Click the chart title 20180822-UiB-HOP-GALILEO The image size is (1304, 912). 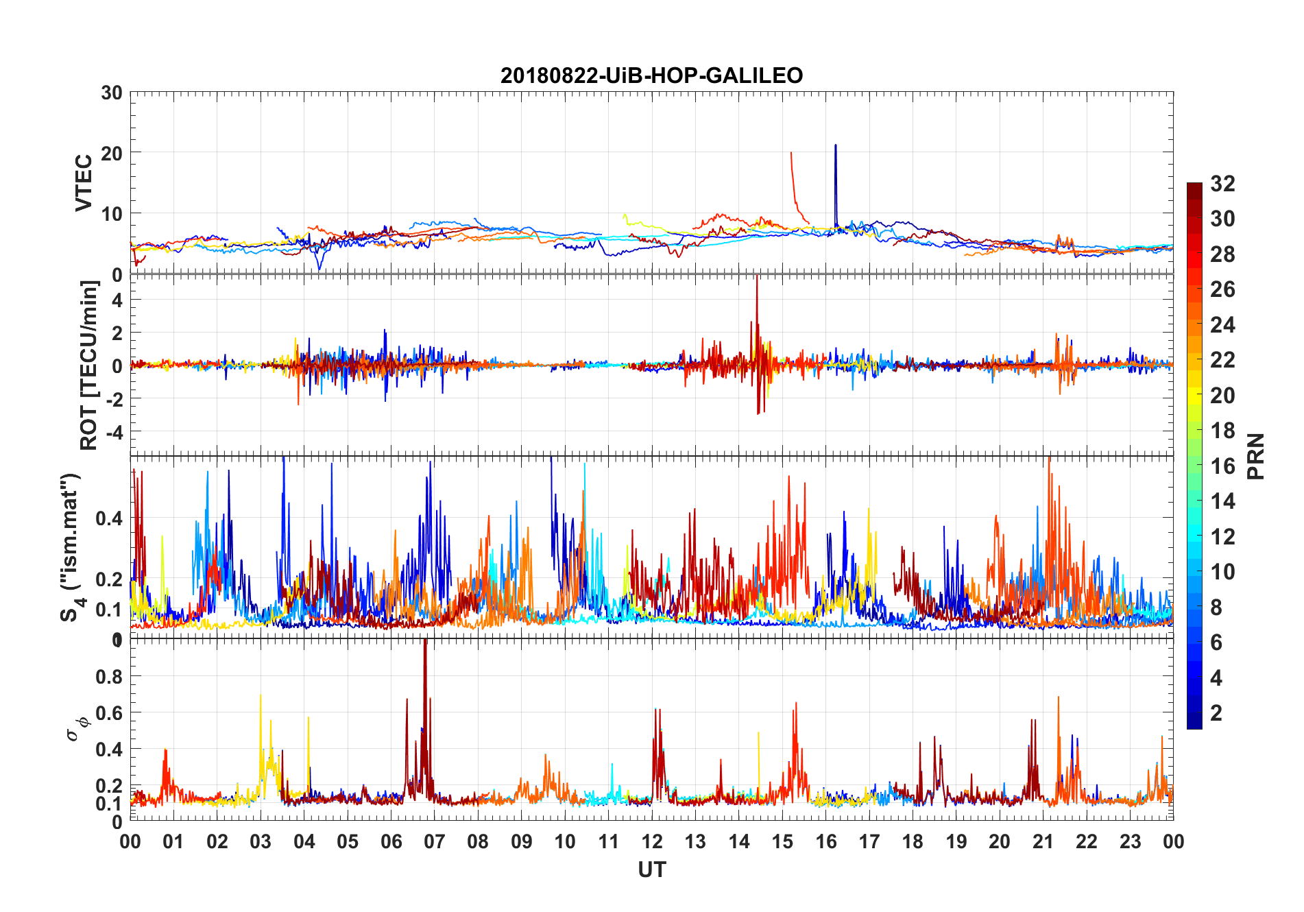click(x=651, y=75)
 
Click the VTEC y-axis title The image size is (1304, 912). click(x=84, y=183)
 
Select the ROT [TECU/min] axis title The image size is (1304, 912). click(x=89, y=365)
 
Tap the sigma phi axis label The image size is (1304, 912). click(x=77, y=729)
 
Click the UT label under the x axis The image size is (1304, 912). click(x=651, y=869)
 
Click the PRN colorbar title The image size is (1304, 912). click(x=1255, y=456)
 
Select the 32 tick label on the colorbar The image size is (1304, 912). click(x=1222, y=184)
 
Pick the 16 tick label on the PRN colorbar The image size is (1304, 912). click(x=1222, y=466)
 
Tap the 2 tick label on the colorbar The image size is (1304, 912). click(x=1216, y=713)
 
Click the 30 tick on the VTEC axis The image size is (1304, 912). click(x=112, y=93)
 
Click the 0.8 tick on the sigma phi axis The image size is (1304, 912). click(x=110, y=676)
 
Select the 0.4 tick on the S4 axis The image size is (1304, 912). click(x=110, y=518)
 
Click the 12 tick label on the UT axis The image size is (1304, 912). click(x=652, y=841)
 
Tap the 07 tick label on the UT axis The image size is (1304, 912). click(x=435, y=841)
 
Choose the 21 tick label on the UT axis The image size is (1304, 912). click(x=1043, y=841)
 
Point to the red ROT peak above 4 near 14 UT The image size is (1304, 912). click(x=757, y=281)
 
